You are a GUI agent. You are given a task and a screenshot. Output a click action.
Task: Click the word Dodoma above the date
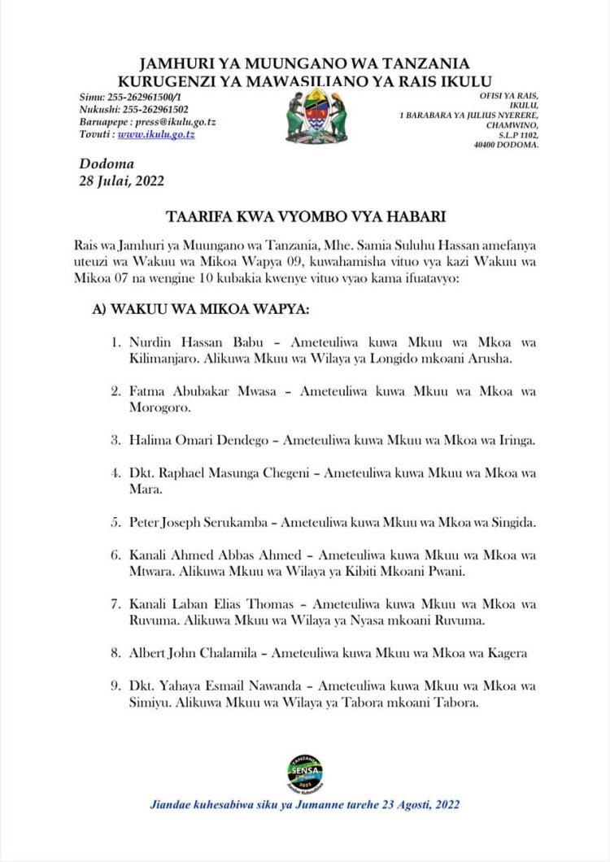(x=107, y=164)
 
